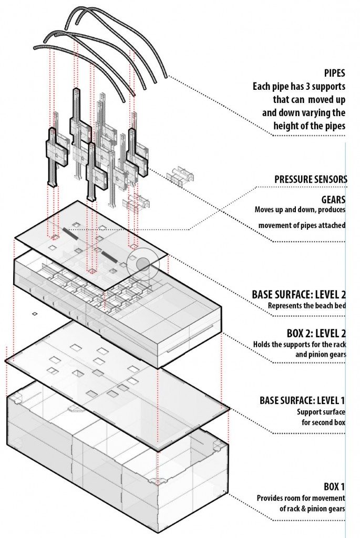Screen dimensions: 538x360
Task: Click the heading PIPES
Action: click(x=335, y=74)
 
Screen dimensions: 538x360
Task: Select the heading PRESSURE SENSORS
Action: click(x=311, y=179)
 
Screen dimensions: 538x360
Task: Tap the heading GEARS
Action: click(x=333, y=200)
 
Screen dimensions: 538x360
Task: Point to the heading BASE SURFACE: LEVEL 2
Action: click(x=299, y=294)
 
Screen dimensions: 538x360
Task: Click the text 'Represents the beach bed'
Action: click(x=306, y=305)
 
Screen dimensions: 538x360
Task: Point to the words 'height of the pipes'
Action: click(x=309, y=126)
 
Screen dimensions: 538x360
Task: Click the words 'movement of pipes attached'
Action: click(x=301, y=225)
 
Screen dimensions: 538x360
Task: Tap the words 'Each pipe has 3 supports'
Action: click(x=298, y=87)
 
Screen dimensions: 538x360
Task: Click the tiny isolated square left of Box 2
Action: click(x=34, y=314)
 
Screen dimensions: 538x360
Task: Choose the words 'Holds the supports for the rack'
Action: click(x=299, y=345)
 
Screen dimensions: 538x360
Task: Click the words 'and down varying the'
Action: click(x=304, y=113)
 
